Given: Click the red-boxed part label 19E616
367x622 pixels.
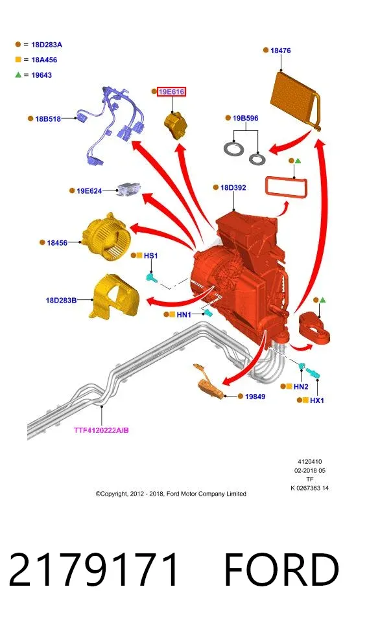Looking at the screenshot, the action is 172,92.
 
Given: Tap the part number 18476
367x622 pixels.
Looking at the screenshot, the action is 280,51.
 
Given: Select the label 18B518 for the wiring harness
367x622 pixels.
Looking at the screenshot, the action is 48,119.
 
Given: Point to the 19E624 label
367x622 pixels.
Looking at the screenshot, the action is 89,190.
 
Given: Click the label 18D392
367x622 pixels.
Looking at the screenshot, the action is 233,188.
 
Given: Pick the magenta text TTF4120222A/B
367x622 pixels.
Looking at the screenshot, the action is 101,430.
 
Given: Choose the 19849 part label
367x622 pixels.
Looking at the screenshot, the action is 255,397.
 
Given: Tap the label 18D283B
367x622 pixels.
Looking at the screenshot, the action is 61,300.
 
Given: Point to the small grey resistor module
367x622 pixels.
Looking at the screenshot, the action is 128,189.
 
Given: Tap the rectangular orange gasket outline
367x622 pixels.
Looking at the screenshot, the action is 286,187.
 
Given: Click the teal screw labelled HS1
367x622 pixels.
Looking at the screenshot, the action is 152,277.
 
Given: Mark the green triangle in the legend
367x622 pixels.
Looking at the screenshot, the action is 18,75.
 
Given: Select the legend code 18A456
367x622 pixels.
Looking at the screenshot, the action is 44,60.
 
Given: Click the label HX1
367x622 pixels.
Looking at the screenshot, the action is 317,400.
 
